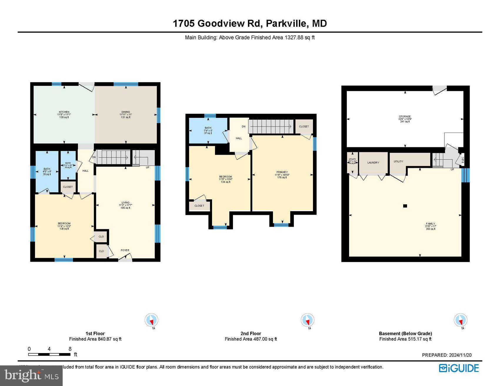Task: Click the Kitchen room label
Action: tap(64, 112)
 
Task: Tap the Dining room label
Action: tap(126, 112)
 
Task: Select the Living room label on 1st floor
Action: tap(125, 203)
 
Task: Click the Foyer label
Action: tap(125, 250)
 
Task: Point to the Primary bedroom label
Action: tap(282, 172)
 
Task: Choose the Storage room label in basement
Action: tap(405, 117)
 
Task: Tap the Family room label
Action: tap(430, 224)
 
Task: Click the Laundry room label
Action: tap(373, 163)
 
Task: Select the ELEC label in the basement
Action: tap(463, 160)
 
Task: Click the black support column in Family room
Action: tap(405, 206)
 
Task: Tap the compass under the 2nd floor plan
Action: tap(307, 320)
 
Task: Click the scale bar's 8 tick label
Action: tap(70, 349)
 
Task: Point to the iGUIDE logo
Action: tap(459, 368)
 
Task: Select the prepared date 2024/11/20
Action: tap(460, 355)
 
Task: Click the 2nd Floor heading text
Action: tap(251, 333)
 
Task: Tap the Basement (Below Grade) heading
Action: tap(405, 333)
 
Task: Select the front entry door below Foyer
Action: tap(125, 259)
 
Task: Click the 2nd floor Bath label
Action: tap(208, 128)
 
